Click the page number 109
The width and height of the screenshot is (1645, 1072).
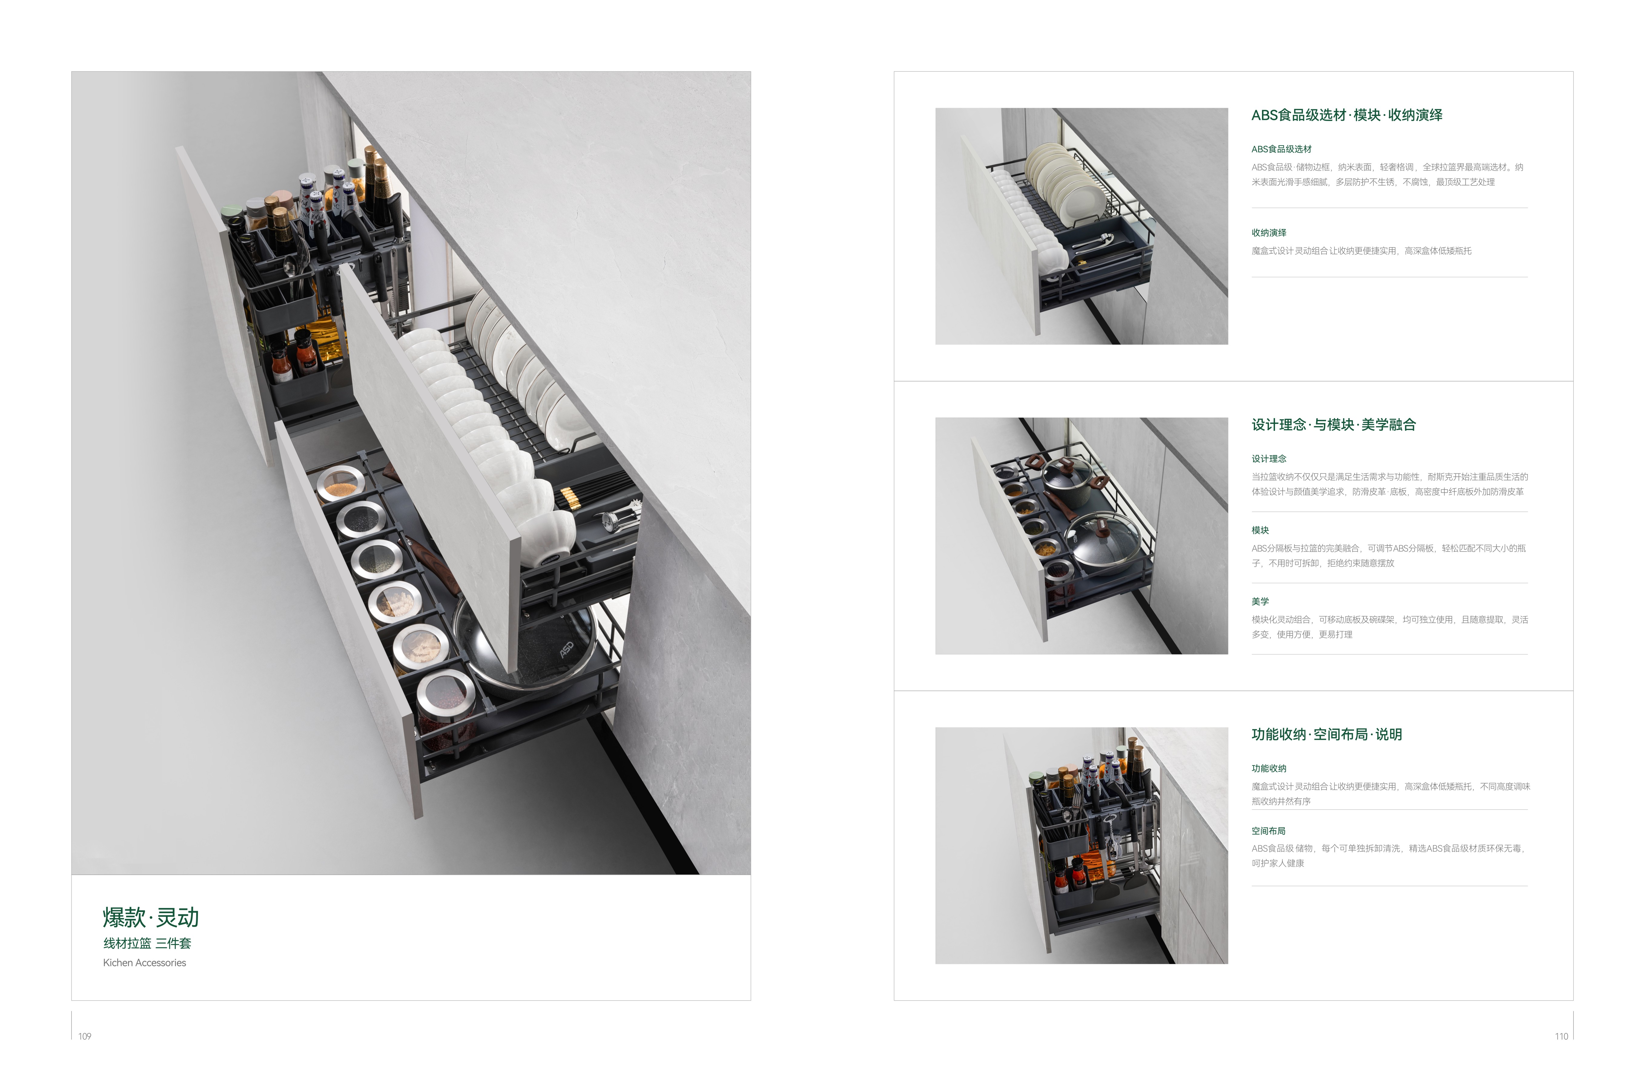[84, 1036]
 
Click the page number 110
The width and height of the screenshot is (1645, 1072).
[1561, 1036]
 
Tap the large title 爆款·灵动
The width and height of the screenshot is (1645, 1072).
[151, 917]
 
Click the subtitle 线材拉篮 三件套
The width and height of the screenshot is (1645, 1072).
[147, 943]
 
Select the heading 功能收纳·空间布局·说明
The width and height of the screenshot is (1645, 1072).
[1326, 734]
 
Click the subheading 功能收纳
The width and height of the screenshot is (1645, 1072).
[1268, 768]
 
